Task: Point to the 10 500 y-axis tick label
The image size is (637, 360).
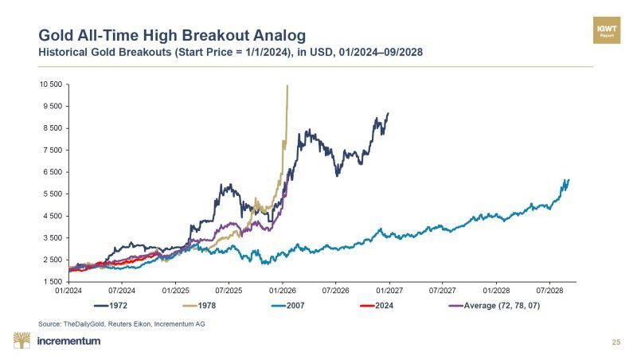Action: tap(49, 84)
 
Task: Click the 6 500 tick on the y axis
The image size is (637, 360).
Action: tap(51, 172)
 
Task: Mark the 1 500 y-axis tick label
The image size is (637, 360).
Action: tap(51, 282)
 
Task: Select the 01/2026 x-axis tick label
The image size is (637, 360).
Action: tap(282, 291)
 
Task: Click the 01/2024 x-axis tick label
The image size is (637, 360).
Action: tap(69, 291)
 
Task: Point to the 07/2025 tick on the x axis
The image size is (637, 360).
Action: tap(229, 291)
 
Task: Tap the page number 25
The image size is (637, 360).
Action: tap(616, 342)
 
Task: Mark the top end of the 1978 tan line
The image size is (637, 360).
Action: tap(287, 85)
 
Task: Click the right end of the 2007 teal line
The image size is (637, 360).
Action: tap(569, 180)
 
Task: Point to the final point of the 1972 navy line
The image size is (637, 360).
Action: tap(389, 113)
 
